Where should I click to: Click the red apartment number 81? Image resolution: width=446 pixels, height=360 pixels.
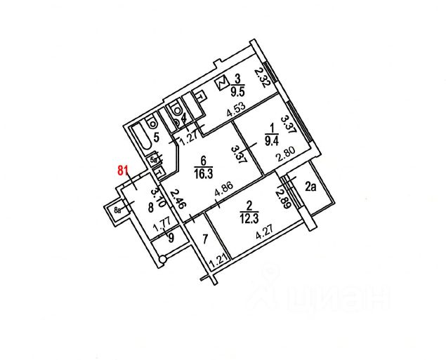click(124, 169)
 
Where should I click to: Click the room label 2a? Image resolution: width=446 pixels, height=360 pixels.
click(311, 187)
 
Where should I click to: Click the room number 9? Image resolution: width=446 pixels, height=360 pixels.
click(169, 237)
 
